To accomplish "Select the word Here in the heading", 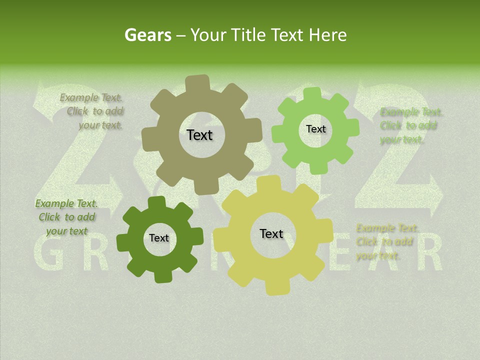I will tap(327, 35).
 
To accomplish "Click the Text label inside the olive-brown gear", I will tap(199, 135).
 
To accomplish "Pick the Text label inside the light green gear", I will tap(315, 129).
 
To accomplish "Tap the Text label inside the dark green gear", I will tap(159, 238).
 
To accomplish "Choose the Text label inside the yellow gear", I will tap(271, 233).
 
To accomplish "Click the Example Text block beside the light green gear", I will tap(410, 125).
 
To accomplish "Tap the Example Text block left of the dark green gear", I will tap(66, 217).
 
